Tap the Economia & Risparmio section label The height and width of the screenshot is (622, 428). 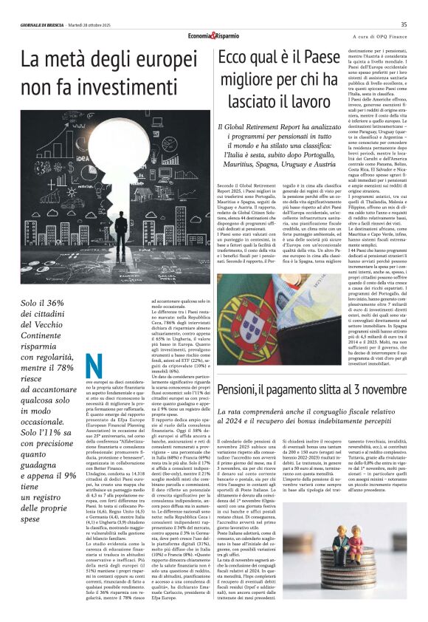coord(214,35)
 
